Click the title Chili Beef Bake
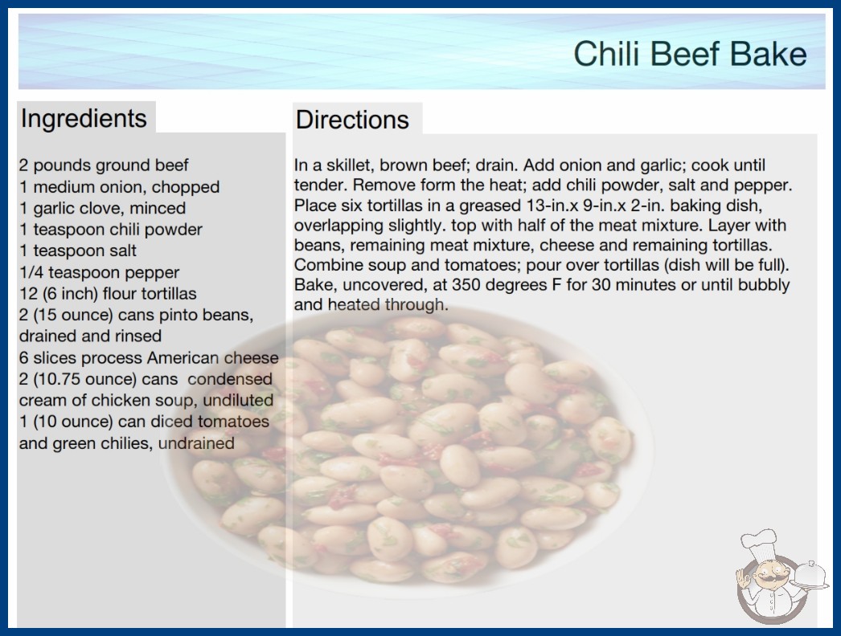(691, 54)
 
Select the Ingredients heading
(84, 118)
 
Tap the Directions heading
(352, 120)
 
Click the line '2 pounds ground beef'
(104, 165)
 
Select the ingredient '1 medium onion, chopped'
(120, 186)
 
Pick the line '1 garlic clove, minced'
(102, 208)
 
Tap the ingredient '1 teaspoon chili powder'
(111, 230)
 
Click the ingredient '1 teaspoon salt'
(78, 251)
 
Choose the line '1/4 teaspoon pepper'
(99, 272)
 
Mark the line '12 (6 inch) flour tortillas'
(108, 294)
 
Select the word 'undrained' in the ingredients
(196, 443)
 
